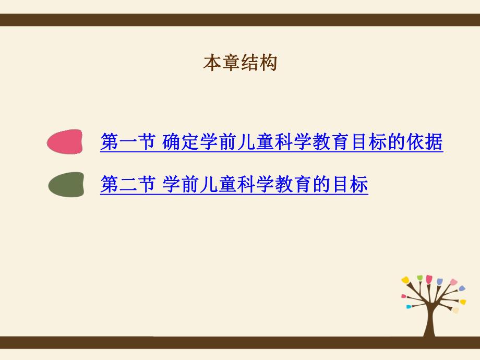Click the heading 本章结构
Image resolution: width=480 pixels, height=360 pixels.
pyautogui.click(x=239, y=63)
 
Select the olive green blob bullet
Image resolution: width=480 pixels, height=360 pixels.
pyautogui.click(x=66, y=185)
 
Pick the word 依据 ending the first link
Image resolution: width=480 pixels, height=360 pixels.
pyautogui.click(x=427, y=142)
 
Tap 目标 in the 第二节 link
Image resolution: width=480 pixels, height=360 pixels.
pyautogui.click(x=352, y=185)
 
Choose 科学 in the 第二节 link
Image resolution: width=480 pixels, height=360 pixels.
pyautogui.click(x=254, y=185)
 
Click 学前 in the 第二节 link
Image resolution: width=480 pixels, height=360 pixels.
pyautogui.click(x=179, y=185)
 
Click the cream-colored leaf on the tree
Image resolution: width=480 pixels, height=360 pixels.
pyautogui.click(x=455, y=310)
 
